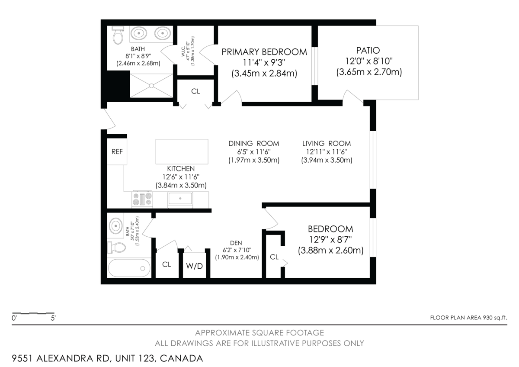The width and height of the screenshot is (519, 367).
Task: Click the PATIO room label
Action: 368,50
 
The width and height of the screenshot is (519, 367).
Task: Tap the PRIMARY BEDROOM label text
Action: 264,52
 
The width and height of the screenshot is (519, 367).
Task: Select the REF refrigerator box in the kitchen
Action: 117,151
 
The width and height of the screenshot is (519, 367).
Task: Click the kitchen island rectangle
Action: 182,151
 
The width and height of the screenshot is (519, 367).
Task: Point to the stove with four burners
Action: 142,199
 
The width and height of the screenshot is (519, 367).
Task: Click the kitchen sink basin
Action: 180,199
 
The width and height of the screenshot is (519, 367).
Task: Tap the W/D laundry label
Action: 194,266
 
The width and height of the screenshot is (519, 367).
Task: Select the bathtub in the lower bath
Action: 129,268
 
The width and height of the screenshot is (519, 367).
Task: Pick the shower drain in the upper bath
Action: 151,86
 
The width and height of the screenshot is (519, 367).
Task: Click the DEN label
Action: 236,243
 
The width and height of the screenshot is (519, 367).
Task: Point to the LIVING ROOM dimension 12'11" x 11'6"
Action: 327,152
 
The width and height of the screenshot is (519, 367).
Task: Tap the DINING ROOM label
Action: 254,144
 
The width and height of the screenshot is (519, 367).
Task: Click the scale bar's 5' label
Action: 53,318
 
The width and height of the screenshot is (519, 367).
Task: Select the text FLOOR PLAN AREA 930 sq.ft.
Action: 468,318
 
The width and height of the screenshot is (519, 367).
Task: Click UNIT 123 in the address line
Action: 135,358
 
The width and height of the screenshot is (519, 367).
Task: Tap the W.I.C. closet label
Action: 183,51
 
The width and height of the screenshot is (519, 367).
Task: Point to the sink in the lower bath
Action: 116,225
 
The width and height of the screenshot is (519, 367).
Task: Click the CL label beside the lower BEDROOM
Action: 274,257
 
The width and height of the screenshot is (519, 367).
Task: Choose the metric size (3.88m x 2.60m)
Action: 330,251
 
